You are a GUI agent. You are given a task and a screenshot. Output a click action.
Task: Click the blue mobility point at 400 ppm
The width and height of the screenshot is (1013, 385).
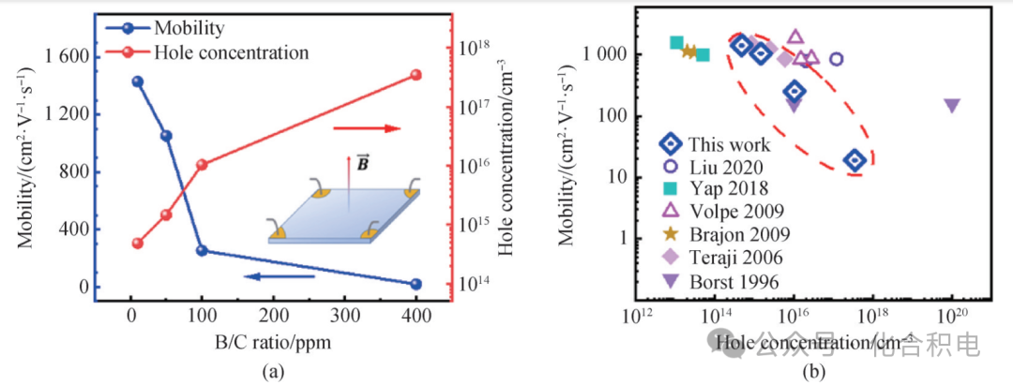pyautogui.click(x=416, y=284)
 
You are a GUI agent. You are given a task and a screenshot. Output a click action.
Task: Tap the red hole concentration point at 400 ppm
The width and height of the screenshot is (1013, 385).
pyautogui.click(x=416, y=75)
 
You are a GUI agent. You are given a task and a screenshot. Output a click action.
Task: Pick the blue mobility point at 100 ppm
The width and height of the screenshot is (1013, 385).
pyautogui.click(x=202, y=250)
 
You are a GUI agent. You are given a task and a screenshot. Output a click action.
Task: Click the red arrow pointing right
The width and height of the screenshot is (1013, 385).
pyautogui.click(x=367, y=128)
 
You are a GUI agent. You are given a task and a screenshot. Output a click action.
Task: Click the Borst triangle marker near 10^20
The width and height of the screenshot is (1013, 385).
pyautogui.click(x=952, y=105)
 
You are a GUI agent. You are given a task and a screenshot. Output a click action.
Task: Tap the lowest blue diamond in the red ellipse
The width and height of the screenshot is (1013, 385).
pyautogui.click(x=854, y=161)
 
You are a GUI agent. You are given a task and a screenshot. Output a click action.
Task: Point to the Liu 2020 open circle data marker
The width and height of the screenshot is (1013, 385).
pyautogui.click(x=837, y=59)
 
